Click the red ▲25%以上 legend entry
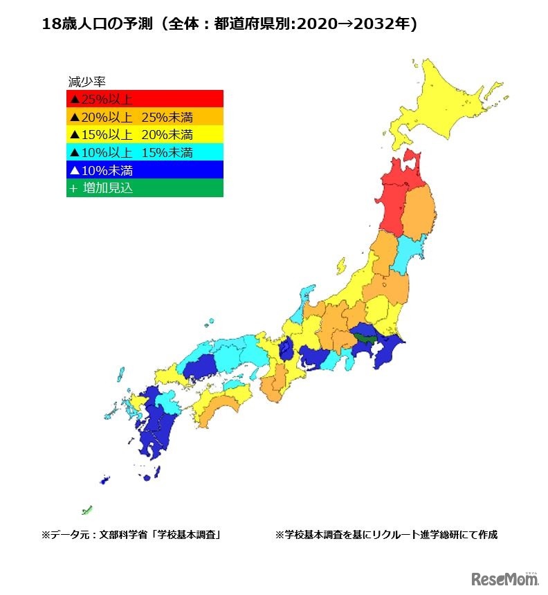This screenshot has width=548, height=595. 144,98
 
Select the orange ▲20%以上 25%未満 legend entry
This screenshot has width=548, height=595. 144,116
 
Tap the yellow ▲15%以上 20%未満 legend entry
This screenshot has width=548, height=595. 144,134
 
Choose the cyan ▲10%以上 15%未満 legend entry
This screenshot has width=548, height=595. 144,152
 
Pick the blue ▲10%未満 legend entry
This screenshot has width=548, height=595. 144,170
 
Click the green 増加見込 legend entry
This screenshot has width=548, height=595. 144,188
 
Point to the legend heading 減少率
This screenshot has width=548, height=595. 86,81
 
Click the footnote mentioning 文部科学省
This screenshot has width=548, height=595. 131,535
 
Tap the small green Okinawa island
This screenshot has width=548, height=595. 87,511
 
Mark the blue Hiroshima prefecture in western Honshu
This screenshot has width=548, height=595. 200,367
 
